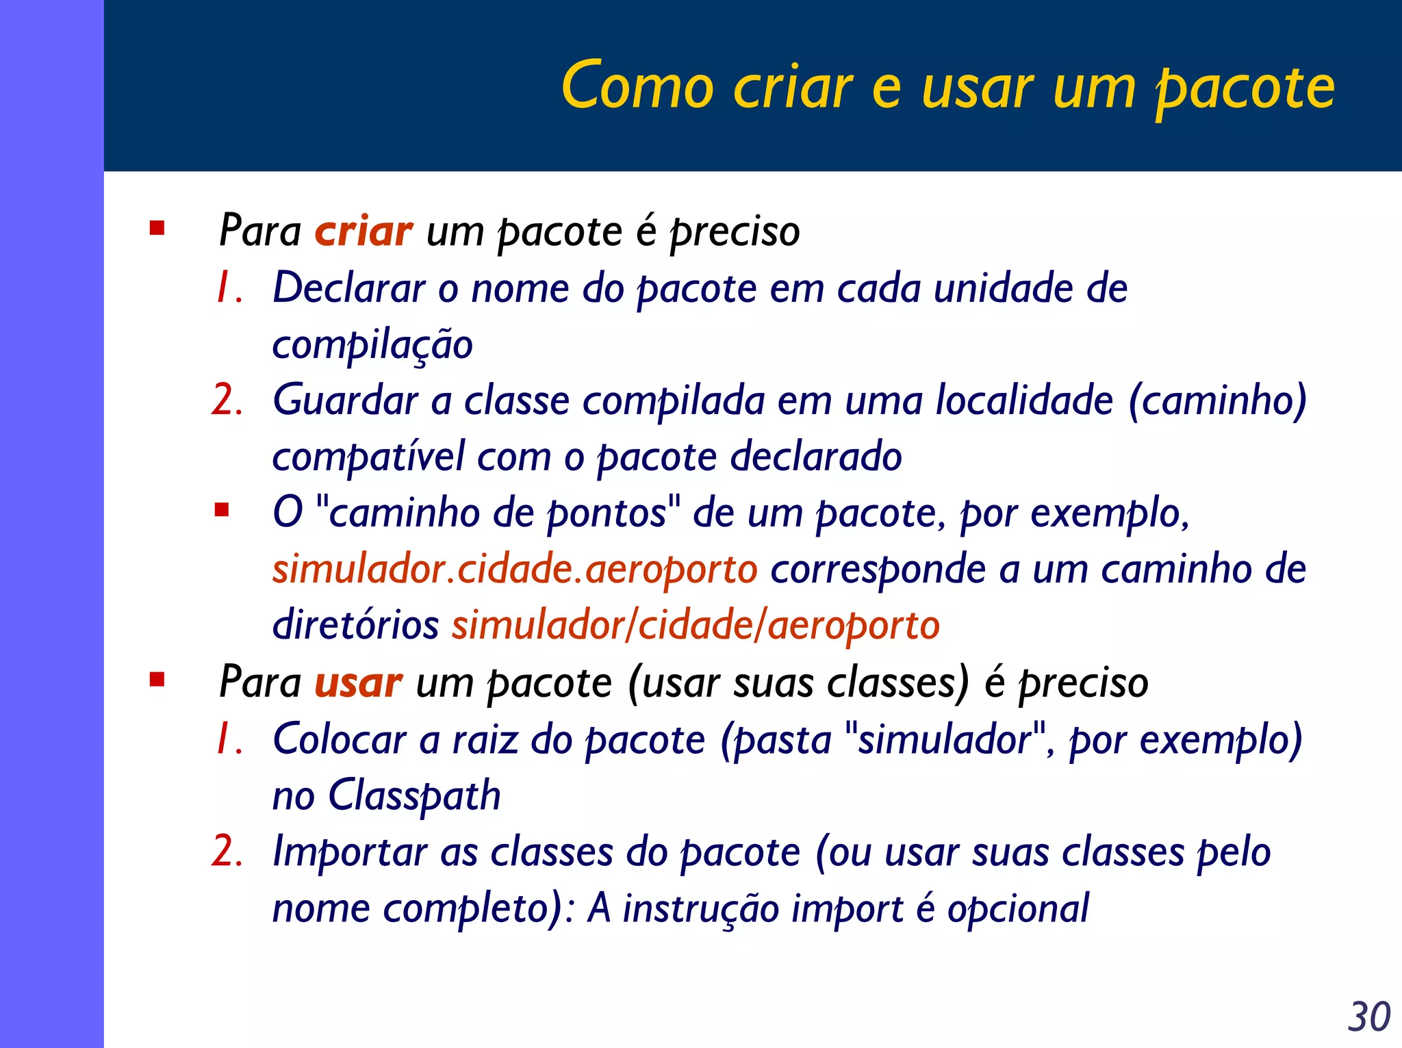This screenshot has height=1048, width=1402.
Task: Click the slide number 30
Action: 1368,1017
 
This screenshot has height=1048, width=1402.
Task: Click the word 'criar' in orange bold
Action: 364,231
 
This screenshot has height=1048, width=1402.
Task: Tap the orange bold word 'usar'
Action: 358,683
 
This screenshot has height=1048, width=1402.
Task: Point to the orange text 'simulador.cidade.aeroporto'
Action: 515,570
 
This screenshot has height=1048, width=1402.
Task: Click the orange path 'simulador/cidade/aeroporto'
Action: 695,626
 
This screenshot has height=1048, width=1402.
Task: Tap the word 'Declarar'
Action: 349,287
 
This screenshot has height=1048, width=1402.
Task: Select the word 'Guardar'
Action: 345,400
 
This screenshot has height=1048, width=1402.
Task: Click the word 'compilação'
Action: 372,345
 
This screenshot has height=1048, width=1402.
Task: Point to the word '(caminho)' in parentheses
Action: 1217,400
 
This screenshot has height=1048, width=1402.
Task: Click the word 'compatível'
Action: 368,457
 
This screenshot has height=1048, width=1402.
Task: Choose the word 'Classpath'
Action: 414,796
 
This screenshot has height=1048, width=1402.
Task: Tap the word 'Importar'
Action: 349,853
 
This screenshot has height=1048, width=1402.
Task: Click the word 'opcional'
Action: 1018,910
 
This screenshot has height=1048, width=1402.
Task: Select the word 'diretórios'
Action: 355,625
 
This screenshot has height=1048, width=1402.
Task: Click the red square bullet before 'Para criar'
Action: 157,228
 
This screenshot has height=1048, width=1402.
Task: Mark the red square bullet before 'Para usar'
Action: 157,680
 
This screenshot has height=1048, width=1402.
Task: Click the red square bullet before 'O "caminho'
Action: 221,510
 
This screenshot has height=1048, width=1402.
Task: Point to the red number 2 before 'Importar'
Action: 227,852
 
